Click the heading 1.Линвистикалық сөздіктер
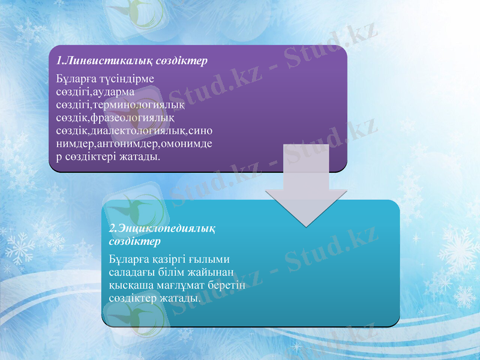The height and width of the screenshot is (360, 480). [131, 61]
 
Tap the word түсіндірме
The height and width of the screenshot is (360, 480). [127, 79]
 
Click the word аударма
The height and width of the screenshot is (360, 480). [113, 92]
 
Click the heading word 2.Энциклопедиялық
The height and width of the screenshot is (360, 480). [163, 229]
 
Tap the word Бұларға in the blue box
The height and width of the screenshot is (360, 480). [128, 259]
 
